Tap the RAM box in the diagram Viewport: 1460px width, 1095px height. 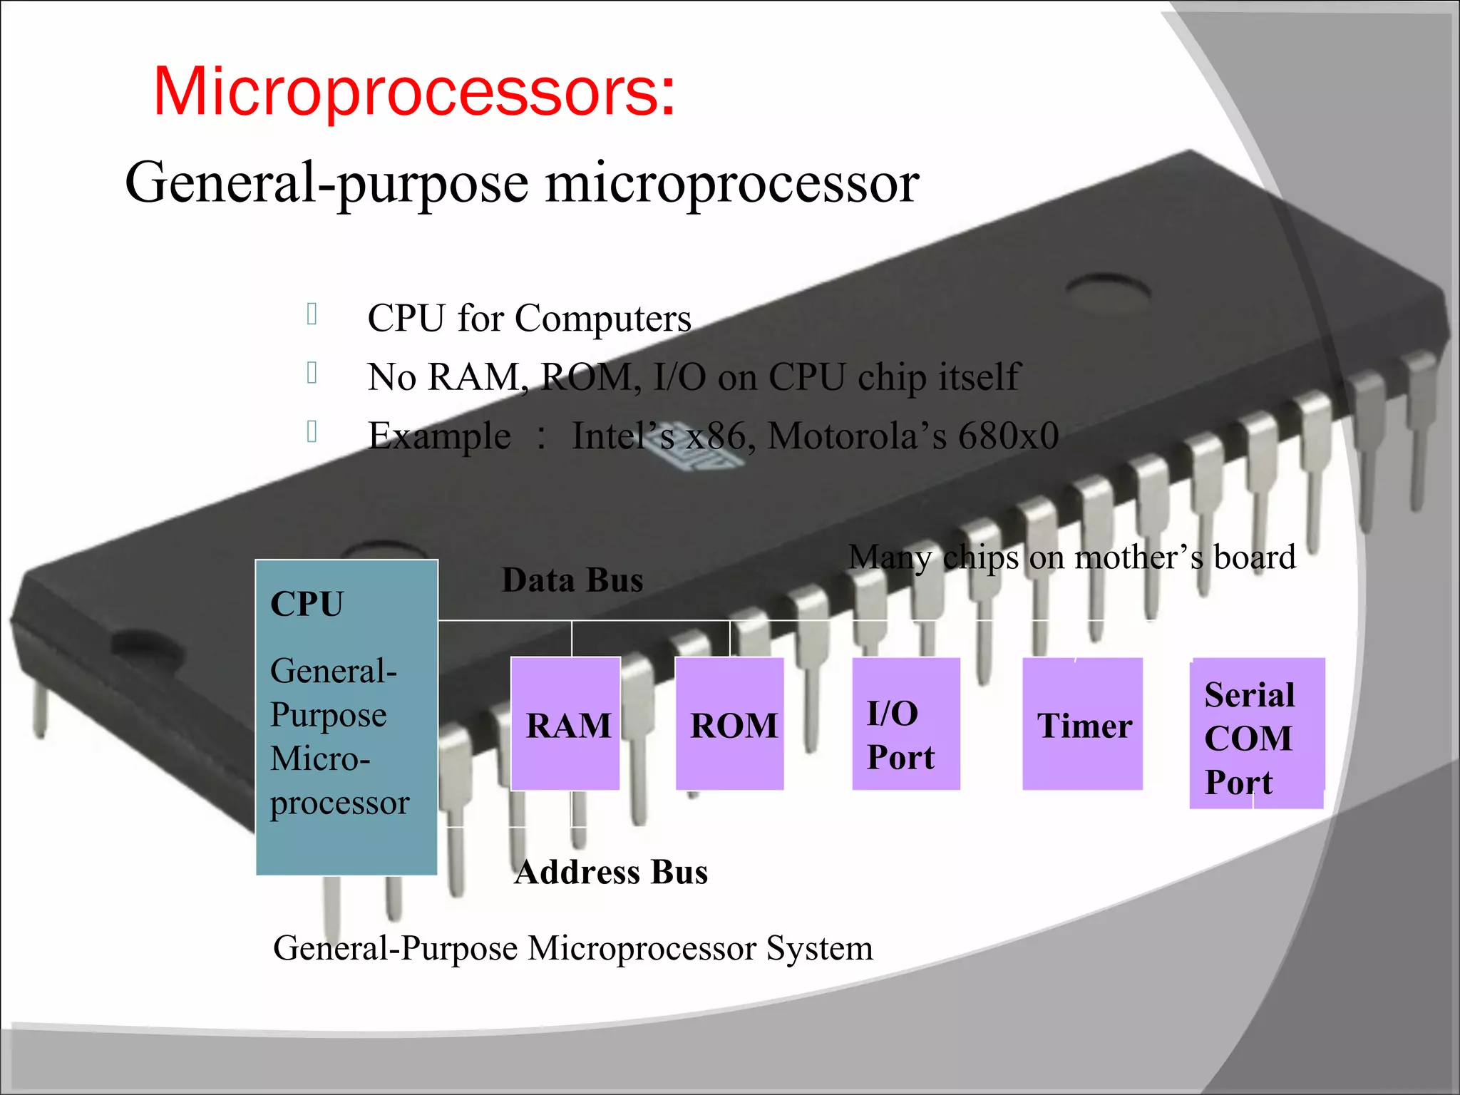click(x=566, y=724)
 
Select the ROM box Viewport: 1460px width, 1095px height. click(x=730, y=724)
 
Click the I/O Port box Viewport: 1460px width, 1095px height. click(x=905, y=724)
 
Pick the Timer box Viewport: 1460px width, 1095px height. click(x=1082, y=724)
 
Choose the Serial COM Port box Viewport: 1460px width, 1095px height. click(x=1257, y=734)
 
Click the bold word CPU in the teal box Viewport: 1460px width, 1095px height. click(x=307, y=605)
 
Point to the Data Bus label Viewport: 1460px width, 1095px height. click(x=572, y=580)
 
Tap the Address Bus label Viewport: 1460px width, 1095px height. click(x=611, y=872)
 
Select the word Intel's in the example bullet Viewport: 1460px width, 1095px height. click(x=623, y=436)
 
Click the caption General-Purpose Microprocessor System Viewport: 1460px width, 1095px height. click(x=572, y=948)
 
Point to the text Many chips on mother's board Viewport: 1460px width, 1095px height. click(x=1071, y=557)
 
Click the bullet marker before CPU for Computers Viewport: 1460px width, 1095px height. click(x=312, y=314)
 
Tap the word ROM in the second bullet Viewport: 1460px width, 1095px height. click(x=590, y=377)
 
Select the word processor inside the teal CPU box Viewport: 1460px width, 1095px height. click(x=339, y=803)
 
